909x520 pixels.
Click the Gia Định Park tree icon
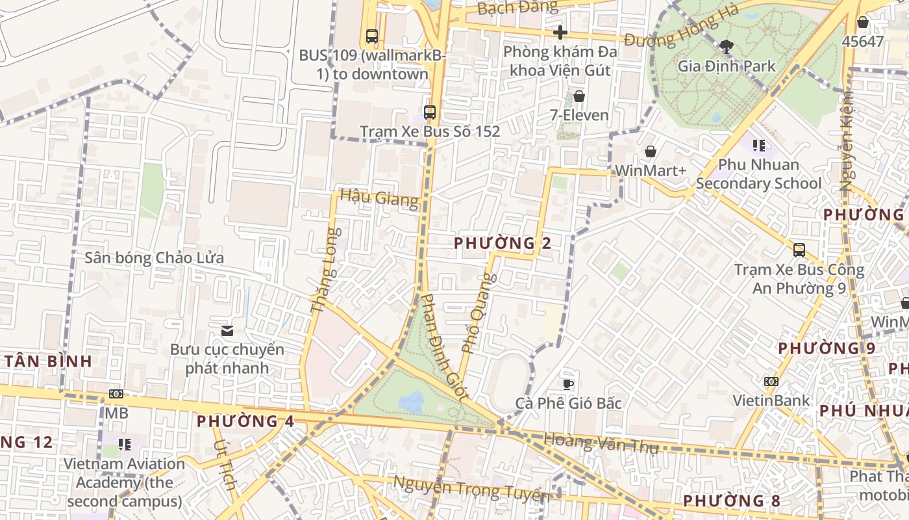(726, 45)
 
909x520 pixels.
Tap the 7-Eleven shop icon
(579, 96)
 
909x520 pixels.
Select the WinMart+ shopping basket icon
(650, 151)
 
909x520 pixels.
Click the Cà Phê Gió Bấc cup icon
(568, 383)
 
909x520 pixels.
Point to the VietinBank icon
(771, 381)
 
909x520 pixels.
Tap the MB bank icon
(116, 393)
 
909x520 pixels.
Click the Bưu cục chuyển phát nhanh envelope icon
(227, 330)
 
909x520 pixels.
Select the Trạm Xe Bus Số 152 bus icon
(429, 112)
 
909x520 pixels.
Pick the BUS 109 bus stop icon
(372, 36)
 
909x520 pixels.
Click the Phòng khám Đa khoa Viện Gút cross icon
(560, 32)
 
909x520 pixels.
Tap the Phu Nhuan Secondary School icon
(758, 145)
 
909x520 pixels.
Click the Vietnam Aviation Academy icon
(125, 445)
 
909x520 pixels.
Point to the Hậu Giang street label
(379, 198)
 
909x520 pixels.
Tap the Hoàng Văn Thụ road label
(601, 443)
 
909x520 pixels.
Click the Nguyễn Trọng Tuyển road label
(472, 489)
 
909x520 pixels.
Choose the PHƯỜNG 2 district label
(503, 244)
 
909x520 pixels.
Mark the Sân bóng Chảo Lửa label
(155, 258)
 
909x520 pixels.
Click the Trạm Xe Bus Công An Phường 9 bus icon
(799, 250)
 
